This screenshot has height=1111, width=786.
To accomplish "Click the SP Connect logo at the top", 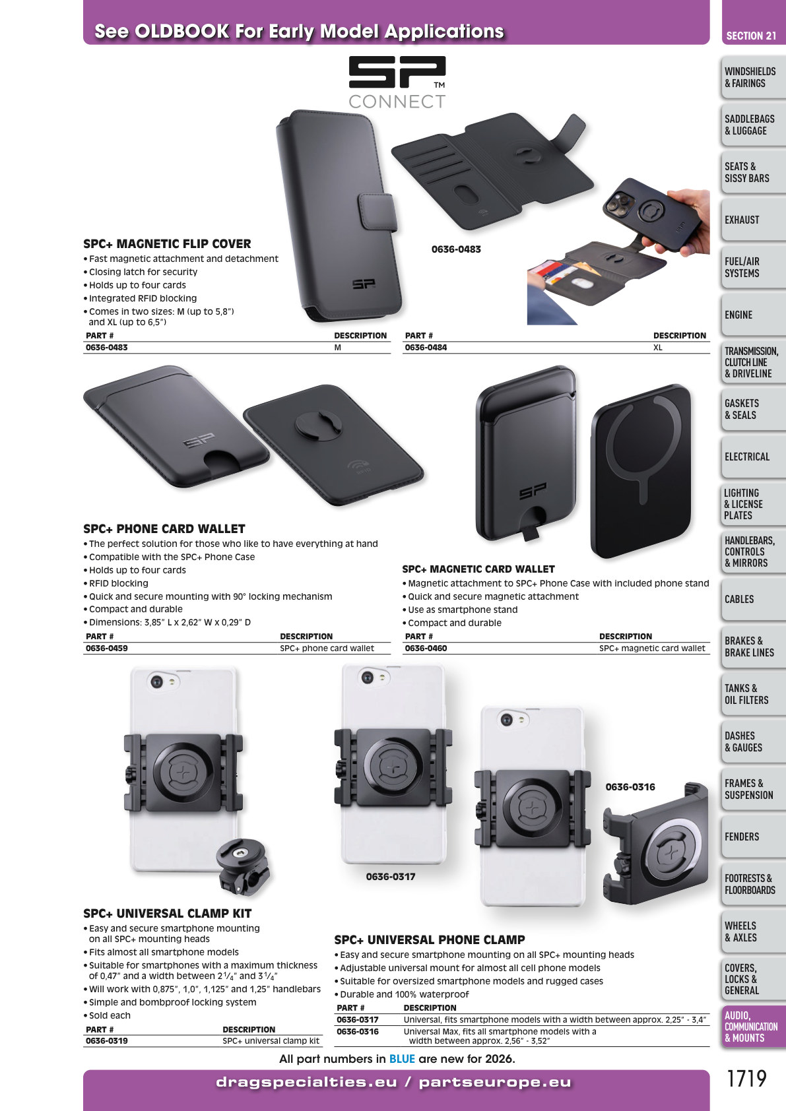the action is tap(397, 82).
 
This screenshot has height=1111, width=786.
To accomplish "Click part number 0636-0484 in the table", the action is tap(426, 348).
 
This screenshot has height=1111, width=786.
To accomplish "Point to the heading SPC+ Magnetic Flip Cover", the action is tap(167, 244).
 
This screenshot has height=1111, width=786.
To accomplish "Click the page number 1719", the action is tap(747, 1079).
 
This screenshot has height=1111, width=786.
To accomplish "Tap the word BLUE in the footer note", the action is tap(402, 1059).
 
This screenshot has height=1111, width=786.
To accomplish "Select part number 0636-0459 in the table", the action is tap(107, 649).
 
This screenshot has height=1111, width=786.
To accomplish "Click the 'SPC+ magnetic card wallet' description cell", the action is tap(652, 649).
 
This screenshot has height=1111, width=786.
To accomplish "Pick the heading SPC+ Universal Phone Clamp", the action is tap(430, 940).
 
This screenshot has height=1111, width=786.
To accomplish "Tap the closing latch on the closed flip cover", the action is tap(377, 212).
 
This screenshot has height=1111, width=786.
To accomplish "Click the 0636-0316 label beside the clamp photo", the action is tap(630, 787).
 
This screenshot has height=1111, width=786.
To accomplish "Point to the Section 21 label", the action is tap(751, 36).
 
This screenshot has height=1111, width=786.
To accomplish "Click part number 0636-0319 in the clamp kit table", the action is tap(107, 1040).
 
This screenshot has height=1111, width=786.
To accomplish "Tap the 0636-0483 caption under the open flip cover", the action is tap(456, 249).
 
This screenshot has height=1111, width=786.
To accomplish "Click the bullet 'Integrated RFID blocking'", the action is tap(143, 298).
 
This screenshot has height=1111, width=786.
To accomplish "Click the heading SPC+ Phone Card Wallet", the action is tap(164, 528).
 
